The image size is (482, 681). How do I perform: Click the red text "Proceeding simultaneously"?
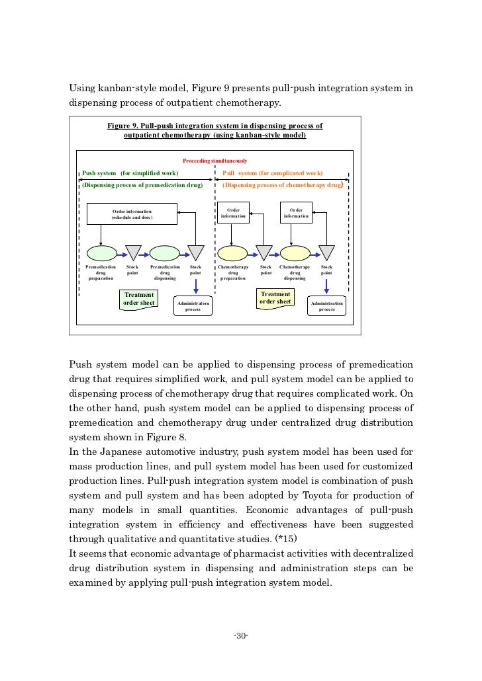215,161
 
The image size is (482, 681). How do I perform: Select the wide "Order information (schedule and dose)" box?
132,214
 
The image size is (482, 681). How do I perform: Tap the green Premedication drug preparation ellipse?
101,253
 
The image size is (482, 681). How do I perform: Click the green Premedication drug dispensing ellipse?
165,253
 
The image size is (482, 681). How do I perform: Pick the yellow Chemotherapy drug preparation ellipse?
233,253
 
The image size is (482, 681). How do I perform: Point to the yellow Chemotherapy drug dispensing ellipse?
295,253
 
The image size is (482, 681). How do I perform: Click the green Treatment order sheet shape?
139,300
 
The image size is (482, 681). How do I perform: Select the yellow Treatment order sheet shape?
275,298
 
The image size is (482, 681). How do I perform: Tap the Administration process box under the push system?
193,305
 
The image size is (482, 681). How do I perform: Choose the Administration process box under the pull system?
326,305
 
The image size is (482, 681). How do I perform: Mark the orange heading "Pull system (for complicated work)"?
272,173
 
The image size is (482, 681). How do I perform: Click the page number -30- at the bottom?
241,636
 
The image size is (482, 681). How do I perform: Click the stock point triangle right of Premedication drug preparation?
133,253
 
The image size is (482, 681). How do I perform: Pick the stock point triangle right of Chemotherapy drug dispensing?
327,253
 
